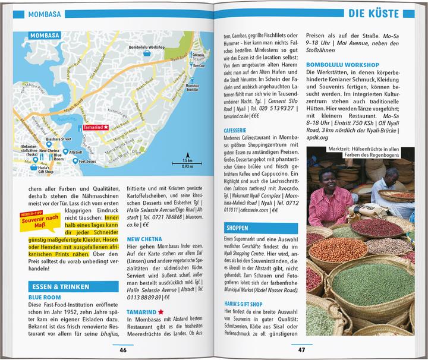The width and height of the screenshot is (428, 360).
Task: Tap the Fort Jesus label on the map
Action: point(87,161)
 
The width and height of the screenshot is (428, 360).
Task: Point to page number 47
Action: point(301,349)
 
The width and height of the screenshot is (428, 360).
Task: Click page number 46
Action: point(123,349)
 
